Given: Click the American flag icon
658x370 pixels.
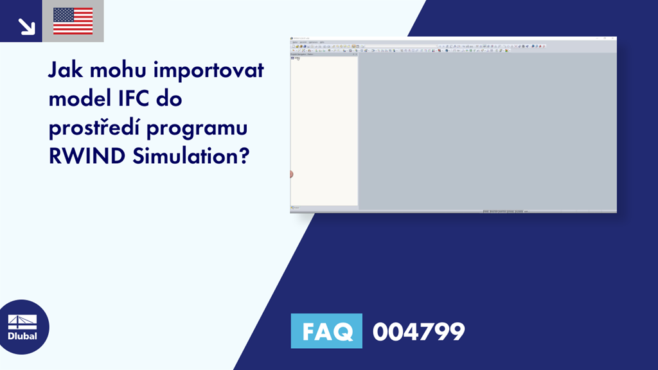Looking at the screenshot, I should [x=73, y=21].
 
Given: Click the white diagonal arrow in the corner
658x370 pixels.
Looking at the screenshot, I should [x=26, y=26].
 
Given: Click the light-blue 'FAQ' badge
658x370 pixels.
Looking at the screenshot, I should [x=326, y=331].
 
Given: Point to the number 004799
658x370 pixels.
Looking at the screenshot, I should [x=418, y=331].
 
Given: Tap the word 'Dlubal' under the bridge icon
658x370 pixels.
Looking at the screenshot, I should [x=22, y=336].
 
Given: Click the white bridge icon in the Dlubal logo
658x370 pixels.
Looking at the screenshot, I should [x=22, y=322].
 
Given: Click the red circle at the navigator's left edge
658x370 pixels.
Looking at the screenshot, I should [x=292, y=174].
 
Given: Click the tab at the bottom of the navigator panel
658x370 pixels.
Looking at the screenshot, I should [x=297, y=207].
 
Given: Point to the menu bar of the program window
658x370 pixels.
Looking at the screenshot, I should [x=308, y=42].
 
